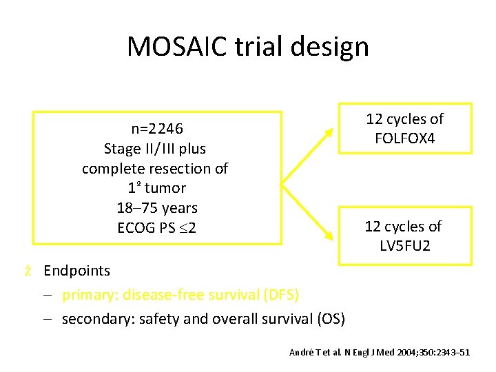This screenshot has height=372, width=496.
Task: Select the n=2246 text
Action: coord(156,129)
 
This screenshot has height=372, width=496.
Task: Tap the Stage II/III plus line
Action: coord(155,149)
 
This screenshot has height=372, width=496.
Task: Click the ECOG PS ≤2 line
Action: coord(156,227)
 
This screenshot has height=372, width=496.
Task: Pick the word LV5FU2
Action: coord(404,245)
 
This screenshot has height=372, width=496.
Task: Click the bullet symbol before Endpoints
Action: coord(29,271)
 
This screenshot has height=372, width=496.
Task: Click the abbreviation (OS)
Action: coord(331,319)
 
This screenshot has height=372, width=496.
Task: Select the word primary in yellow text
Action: coord(85,295)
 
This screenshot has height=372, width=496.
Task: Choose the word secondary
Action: coord(93,319)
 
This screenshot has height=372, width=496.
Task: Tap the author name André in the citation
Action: coord(300,353)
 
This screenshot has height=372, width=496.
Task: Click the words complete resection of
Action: coord(155,168)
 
